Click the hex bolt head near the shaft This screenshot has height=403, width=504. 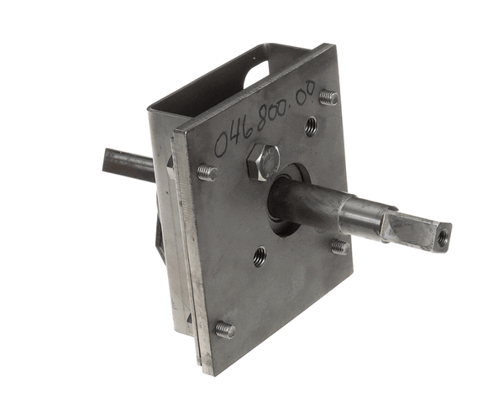(263, 162)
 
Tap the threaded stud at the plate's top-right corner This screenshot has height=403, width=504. (328, 97)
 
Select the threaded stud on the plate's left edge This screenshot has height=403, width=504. (207, 173)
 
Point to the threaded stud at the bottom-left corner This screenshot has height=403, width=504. (225, 330)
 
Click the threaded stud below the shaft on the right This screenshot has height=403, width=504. (340, 247)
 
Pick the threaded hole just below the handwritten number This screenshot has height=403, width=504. (311, 126)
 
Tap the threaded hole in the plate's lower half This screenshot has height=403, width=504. (260, 257)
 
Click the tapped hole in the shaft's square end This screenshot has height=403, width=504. (444, 237)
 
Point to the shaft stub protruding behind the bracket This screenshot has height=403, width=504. (129, 165)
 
